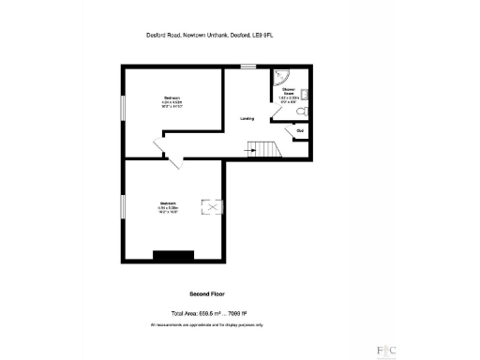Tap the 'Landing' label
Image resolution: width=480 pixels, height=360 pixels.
pos(247,119)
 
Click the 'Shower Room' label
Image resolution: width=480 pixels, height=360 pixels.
pos(289,91)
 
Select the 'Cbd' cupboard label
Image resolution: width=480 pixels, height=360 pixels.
pos(300,130)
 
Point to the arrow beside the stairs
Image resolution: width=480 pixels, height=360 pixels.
pos(251,147)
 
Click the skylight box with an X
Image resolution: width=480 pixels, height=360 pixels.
pos(216,207)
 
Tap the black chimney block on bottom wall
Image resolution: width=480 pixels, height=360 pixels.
pos(174,255)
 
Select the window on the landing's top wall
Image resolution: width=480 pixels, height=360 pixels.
pos(247,66)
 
